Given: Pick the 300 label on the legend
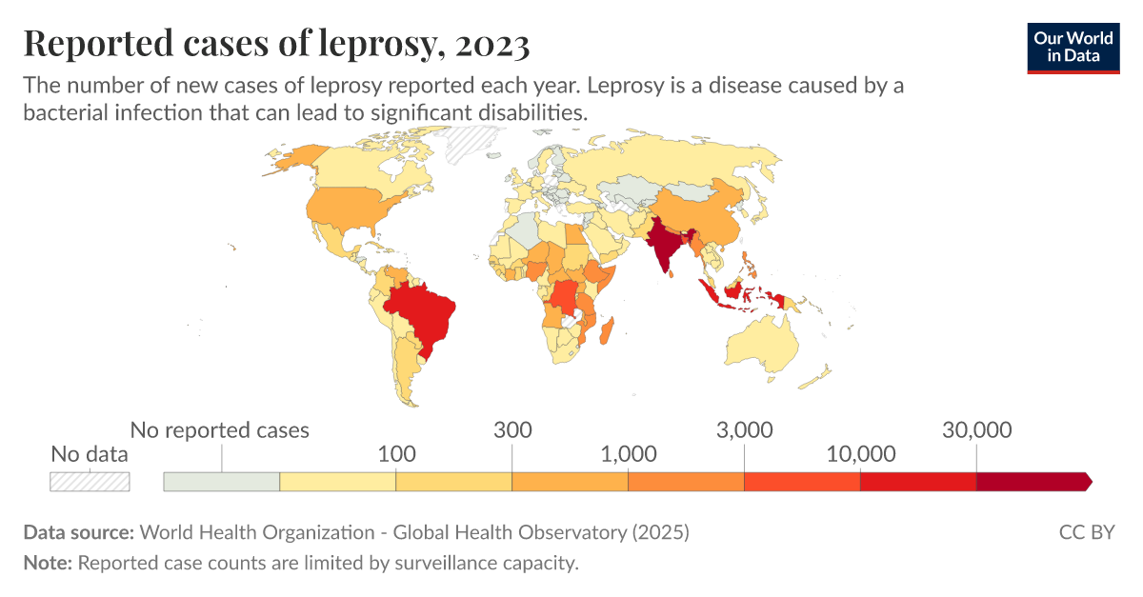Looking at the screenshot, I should click(x=512, y=429).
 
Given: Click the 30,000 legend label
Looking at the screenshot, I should click(x=976, y=429).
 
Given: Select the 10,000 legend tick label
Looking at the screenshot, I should click(x=860, y=453).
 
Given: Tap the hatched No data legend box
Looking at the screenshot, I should click(x=90, y=482).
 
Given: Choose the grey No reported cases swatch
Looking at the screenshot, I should click(x=222, y=482).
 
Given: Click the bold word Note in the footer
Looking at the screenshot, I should click(x=46, y=563).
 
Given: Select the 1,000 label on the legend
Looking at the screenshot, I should click(x=629, y=453).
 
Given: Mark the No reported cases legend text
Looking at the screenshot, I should click(x=220, y=429).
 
